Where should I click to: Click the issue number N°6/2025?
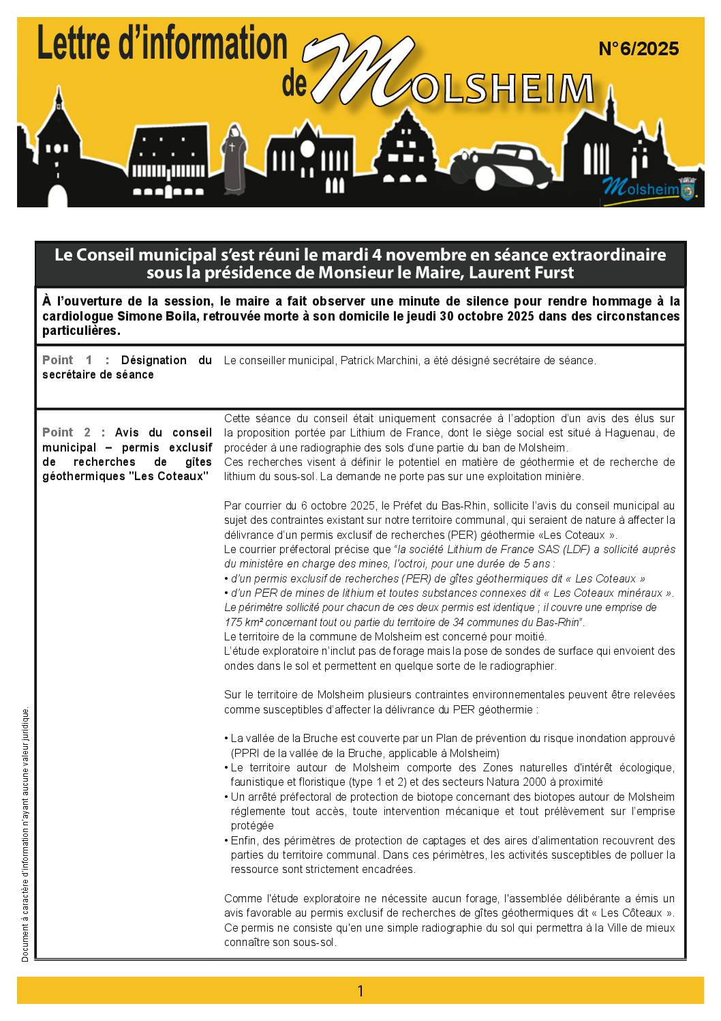(639, 49)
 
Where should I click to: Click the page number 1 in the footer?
(360, 991)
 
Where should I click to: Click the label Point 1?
(67, 360)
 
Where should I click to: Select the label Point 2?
(67, 432)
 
